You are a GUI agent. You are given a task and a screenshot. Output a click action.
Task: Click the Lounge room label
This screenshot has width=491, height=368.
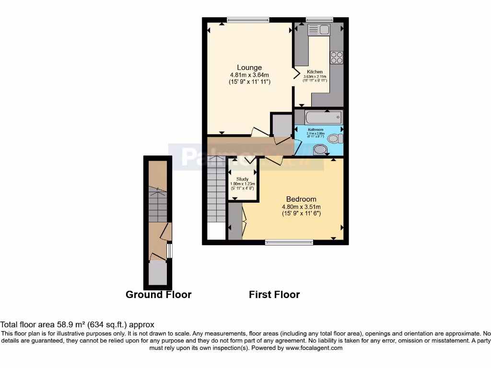(249, 68)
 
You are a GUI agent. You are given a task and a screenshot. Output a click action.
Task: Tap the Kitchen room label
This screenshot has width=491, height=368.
(315, 72)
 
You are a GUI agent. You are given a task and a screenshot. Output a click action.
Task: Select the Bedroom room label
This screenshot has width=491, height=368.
(301, 199)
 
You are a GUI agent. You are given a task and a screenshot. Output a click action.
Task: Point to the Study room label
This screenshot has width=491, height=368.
(243, 179)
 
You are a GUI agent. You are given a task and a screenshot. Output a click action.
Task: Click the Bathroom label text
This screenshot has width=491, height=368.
(316, 130)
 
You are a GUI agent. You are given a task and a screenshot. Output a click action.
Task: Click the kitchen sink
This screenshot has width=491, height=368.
(319, 30)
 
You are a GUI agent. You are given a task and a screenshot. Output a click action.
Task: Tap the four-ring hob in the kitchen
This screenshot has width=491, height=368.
(336, 57)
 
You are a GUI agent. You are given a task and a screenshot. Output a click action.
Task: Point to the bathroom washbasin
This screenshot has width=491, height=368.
(319, 151)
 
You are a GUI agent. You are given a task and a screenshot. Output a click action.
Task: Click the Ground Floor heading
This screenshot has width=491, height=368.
(158, 295)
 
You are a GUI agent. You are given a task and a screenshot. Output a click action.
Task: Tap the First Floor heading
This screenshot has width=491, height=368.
(274, 295)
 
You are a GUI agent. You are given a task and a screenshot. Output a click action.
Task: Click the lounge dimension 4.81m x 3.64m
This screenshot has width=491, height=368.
(249, 75)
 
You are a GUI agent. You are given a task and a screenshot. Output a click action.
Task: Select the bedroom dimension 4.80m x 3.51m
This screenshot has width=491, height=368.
(301, 207)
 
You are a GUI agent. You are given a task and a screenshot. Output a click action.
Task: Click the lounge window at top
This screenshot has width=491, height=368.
(248, 20)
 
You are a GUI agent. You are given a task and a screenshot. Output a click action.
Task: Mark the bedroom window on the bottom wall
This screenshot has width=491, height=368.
(289, 242)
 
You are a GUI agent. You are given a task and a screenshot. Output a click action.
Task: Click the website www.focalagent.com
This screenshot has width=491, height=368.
(314, 348)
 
